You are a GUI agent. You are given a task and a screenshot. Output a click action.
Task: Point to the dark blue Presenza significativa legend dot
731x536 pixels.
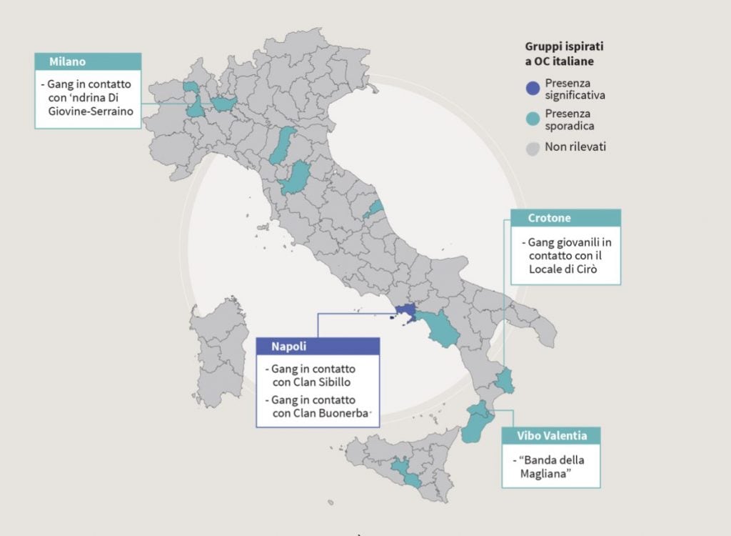(532, 88)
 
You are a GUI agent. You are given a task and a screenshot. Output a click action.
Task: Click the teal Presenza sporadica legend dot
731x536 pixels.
(532, 119)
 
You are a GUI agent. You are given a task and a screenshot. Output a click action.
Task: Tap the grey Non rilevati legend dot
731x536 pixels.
(532, 148)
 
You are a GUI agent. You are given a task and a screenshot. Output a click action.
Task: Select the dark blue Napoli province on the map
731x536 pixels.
(405, 312)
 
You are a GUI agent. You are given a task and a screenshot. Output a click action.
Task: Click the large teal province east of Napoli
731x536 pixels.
(439, 327)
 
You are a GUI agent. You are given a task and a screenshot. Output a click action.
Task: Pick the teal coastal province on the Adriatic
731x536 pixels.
(373, 209)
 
